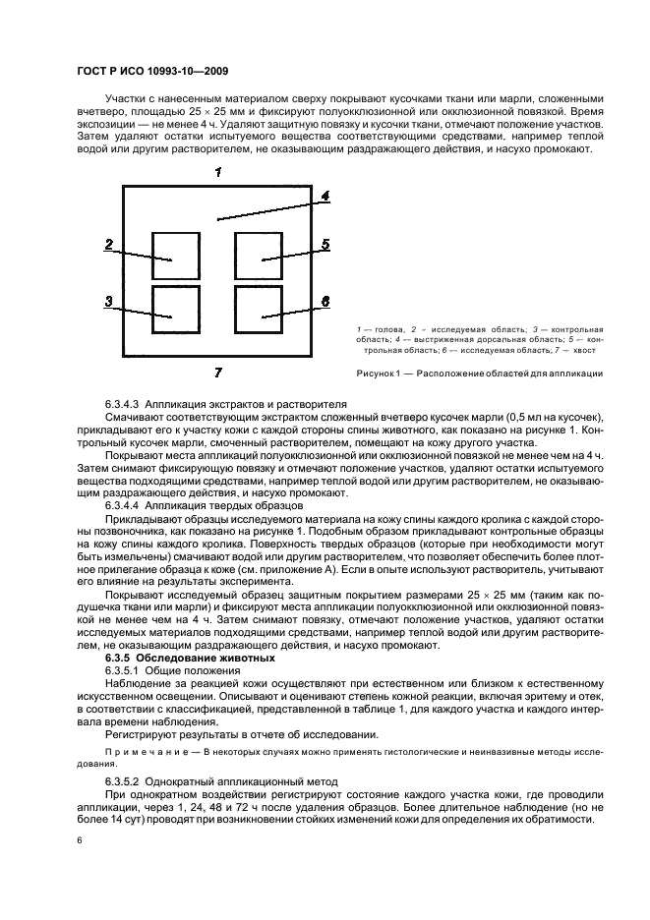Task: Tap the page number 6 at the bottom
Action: pyautogui.click(x=78, y=841)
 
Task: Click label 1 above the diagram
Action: pyautogui.click(x=217, y=172)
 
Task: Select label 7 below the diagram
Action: pyautogui.click(x=217, y=371)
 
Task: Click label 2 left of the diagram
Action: pyautogui.click(x=110, y=245)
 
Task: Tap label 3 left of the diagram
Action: pyautogui.click(x=110, y=301)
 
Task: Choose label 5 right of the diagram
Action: pyautogui.click(x=325, y=245)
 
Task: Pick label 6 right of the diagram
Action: pyautogui.click(x=325, y=301)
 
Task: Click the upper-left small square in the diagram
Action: pyautogui.click(x=176, y=257)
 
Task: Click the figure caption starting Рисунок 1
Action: pyautogui.click(x=479, y=374)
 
